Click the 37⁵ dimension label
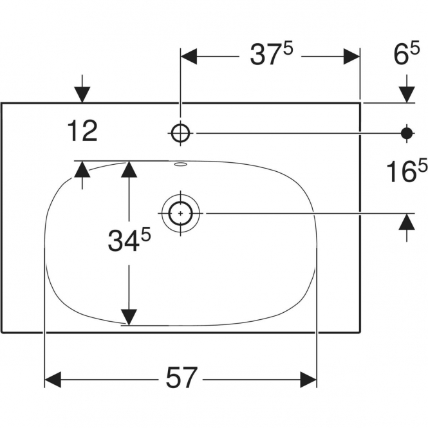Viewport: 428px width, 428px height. click(272, 55)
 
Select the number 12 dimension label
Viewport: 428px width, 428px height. click(82, 131)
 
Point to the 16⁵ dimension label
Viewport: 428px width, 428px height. click(407, 171)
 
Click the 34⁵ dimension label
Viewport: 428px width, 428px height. click(129, 239)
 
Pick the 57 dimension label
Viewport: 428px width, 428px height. click(181, 378)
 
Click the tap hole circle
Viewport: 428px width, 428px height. click(180, 133)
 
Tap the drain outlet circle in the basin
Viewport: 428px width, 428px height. click(180, 213)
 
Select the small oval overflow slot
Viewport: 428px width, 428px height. click(181, 164)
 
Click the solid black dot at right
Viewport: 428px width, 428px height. click(407, 133)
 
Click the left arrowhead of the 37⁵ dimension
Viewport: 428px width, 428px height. click(189, 57)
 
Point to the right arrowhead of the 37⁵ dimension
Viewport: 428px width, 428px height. click(351, 57)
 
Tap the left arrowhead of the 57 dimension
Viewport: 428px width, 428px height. click(53, 380)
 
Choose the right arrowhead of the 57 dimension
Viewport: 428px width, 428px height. click(308, 380)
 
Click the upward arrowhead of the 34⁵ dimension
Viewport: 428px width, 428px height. click(129, 169)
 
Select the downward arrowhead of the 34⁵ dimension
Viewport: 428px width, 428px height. click(129, 317)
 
